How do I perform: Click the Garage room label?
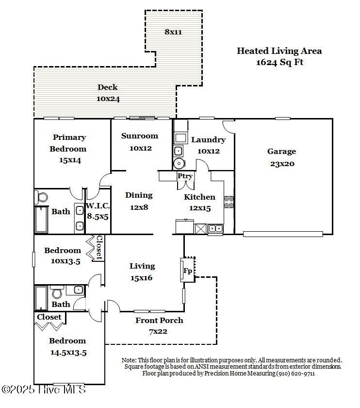[x=281, y=152]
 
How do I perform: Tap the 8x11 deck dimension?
[x=173, y=32]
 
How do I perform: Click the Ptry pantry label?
[x=185, y=176]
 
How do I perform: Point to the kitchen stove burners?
[x=229, y=202]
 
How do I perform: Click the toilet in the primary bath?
[x=41, y=197]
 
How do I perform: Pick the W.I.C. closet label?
[x=98, y=205]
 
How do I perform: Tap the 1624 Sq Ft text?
[x=279, y=62]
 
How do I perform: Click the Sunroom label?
[x=140, y=136]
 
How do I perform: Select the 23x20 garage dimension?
[x=282, y=164]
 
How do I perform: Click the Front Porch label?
[x=159, y=320]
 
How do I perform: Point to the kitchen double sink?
[x=216, y=229]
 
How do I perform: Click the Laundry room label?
[x=209, y=140]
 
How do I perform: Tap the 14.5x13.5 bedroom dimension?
[x=68, y=353]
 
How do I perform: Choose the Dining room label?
[x=139, y=195]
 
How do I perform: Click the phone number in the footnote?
[x=295, y=374]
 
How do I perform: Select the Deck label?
[x=108, y=87]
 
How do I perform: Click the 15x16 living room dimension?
[x=141, y=278]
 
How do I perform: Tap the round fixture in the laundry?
[x=179, y=164]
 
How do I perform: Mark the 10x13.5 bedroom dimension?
[x=65, y=261]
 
